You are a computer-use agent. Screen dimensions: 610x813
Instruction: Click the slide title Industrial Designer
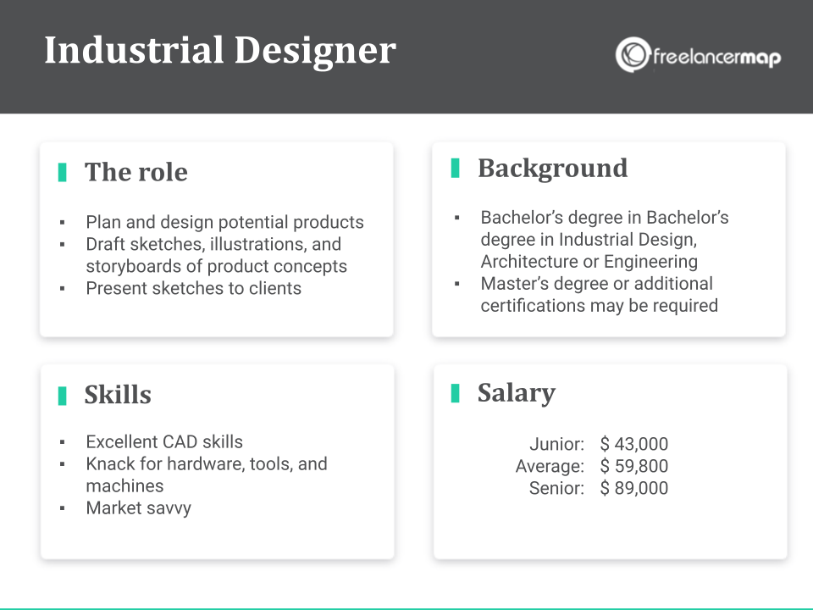(219, 50)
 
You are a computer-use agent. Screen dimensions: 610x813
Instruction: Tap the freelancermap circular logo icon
(632, 55)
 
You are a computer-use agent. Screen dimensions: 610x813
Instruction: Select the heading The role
(135, 172)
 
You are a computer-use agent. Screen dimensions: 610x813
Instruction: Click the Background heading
(552, 168)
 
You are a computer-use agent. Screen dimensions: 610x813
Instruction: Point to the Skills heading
(118, 395)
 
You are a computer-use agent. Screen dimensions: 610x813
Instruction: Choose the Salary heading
(516, 392)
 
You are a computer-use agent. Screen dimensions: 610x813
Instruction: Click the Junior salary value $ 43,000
(634, 444)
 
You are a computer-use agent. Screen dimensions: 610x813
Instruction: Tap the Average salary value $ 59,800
(634, 466)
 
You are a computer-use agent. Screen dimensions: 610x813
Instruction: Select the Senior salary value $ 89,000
(634, 488)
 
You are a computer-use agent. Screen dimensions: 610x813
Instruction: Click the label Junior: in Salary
(556, 444)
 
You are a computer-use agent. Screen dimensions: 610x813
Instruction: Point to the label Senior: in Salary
(556, 488)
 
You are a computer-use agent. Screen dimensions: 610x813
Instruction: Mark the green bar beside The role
(62, 172)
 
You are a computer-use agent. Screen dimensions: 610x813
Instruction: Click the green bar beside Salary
(455, 392)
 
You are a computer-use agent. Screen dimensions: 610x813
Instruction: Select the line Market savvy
(138, 508)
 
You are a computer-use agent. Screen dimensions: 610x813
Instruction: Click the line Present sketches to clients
(193, 288)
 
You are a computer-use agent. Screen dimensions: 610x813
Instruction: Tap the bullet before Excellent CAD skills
(62, 443)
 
